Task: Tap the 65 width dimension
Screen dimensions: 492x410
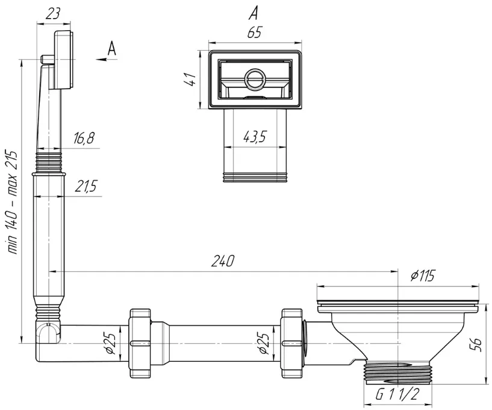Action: [254, 33]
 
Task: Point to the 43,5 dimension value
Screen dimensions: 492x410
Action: [255, 137]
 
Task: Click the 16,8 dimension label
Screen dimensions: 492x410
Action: [84, 138]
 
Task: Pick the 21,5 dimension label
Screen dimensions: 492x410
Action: [85, 186]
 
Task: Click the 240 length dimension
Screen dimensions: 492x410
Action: [222, 260]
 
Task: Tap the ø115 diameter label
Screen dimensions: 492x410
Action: [422, 276]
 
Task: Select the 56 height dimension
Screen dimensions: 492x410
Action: [476, 345]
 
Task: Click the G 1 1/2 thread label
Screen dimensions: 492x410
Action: [397, 394]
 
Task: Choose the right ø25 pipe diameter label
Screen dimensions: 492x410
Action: [264, 343]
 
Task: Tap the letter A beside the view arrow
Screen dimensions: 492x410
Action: [111, 49]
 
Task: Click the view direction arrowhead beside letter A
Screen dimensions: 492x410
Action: [101, 58]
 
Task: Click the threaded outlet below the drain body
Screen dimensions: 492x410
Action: [397, 373]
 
